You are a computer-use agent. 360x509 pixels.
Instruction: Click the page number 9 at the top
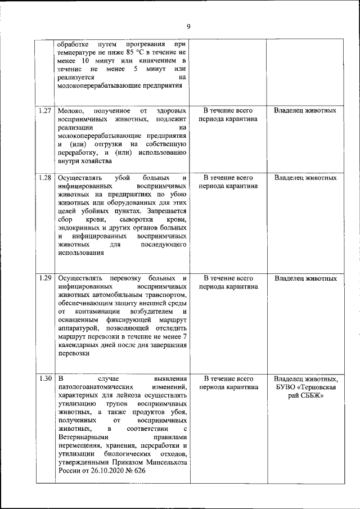188,26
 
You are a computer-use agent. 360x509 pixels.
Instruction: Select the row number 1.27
46,111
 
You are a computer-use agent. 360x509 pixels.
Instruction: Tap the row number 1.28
46,178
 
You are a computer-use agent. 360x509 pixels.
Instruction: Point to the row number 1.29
46,278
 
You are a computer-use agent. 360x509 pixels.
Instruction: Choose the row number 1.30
46,379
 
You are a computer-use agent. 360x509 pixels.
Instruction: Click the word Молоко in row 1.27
70,111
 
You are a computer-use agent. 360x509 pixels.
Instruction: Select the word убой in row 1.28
123,178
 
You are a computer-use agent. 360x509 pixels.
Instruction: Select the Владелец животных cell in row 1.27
305,111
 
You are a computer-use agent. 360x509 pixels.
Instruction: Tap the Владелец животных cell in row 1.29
305,278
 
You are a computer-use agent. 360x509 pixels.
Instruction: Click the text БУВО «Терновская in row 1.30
305,388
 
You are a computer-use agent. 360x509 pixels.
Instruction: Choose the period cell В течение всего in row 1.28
228,178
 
